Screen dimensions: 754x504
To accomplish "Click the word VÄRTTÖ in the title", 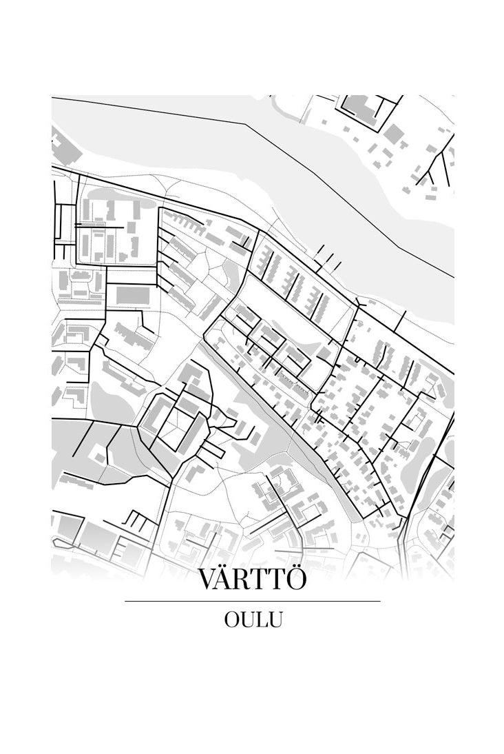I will point(252,580).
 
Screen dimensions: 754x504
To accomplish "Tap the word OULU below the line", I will point(253,620).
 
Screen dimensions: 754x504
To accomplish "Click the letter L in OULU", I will point(260,620).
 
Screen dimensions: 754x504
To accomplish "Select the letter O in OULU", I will point(231,620).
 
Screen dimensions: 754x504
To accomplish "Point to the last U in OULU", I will point(275,620).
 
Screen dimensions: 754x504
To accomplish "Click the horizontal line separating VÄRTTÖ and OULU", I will point(253,601).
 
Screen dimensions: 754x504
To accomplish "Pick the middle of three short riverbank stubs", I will point(329,258).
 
